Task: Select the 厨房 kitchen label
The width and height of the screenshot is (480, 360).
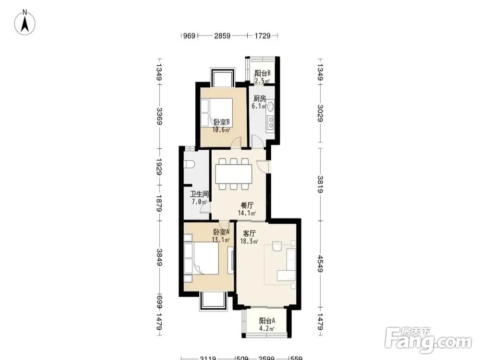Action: coord(259,98)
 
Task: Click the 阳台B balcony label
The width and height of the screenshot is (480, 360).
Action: coord(263,73)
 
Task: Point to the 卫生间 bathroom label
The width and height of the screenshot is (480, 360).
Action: coord(199,194)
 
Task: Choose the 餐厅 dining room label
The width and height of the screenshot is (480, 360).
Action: coord(247,205)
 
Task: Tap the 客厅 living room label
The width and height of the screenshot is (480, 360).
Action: coord(249,234)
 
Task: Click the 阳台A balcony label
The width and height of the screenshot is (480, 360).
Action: coord(267,321)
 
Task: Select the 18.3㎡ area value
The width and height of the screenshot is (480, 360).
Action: coord(249,241)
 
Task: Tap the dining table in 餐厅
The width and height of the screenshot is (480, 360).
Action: coord(234,174)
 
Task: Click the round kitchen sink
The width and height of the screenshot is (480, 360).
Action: coord(271,106)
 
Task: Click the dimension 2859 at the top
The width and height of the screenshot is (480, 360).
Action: coord(222,36)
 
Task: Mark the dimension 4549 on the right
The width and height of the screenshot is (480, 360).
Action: coord(320,264)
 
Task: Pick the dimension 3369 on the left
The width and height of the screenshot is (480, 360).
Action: coord(159,116)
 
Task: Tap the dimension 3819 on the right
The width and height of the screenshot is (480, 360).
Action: coord(320,184)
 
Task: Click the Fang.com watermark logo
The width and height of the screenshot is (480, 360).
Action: coord(428,339)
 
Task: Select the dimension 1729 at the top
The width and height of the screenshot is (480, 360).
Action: coord(263,36)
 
